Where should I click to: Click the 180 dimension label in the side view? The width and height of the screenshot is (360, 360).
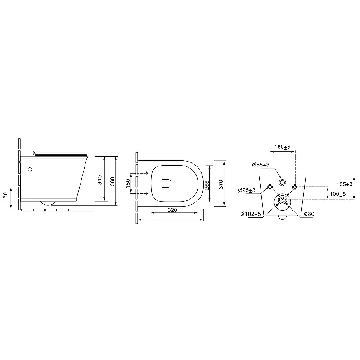coord(5,197)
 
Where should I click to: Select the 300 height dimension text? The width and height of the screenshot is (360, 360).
coord(99,180)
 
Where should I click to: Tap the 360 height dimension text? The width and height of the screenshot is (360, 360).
coord(112,181)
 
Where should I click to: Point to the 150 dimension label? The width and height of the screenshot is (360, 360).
coord(128,183)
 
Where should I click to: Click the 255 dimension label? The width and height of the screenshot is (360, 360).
coord(207,185)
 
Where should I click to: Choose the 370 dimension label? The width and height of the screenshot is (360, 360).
coord(221,184)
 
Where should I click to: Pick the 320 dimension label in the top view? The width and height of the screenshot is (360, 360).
coord(172,210)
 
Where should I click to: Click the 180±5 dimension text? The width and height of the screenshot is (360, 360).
coord(283,147)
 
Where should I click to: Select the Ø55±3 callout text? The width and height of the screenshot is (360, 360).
coord(261,165)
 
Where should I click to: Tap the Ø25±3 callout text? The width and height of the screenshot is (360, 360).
coord(247,190)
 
